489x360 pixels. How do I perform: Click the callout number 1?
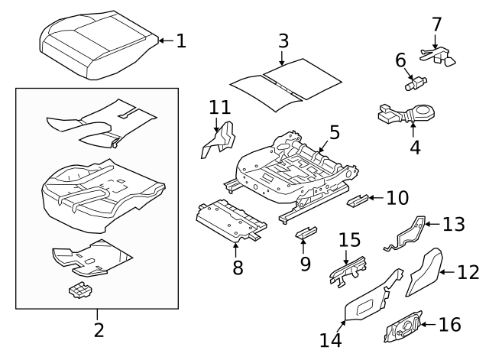[x=181, y=41]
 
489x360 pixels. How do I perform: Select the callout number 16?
[x=450, y=324]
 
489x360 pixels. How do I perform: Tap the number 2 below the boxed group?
[x=99, y=330]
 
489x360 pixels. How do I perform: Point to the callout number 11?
[x=219, y=107]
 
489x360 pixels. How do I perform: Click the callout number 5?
[x=335, y=132]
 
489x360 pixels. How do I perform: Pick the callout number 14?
[x=331, y=340]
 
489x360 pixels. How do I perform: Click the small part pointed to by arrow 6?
[x=416, y=83]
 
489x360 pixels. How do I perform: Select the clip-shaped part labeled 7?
[x=437, y=57]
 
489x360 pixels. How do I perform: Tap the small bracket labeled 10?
[x=358, y=200]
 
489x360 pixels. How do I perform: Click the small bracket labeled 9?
[x=306, y=232]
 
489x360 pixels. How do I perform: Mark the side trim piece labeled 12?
[x=425, y=271]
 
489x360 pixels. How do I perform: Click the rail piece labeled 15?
[x=348, y=270]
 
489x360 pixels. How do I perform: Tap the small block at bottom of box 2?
[x=80, y=290]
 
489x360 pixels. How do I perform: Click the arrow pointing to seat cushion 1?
[x=166, y=41]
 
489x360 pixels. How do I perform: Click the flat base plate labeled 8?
[x=231, y=221]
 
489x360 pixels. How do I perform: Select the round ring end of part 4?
[x=423, y=111]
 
